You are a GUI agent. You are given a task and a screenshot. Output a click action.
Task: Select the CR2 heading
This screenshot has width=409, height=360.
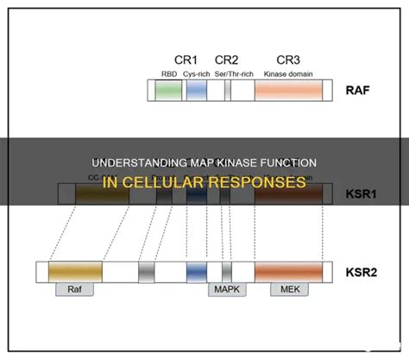tap(227, 60)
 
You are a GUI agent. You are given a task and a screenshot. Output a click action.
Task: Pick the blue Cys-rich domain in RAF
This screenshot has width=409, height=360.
tap(197, 91)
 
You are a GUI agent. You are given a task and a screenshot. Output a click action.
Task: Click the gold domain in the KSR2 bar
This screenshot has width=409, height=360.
tap(74, 273)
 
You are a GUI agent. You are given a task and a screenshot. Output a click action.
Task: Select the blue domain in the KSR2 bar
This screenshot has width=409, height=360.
tap(198, 273)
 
